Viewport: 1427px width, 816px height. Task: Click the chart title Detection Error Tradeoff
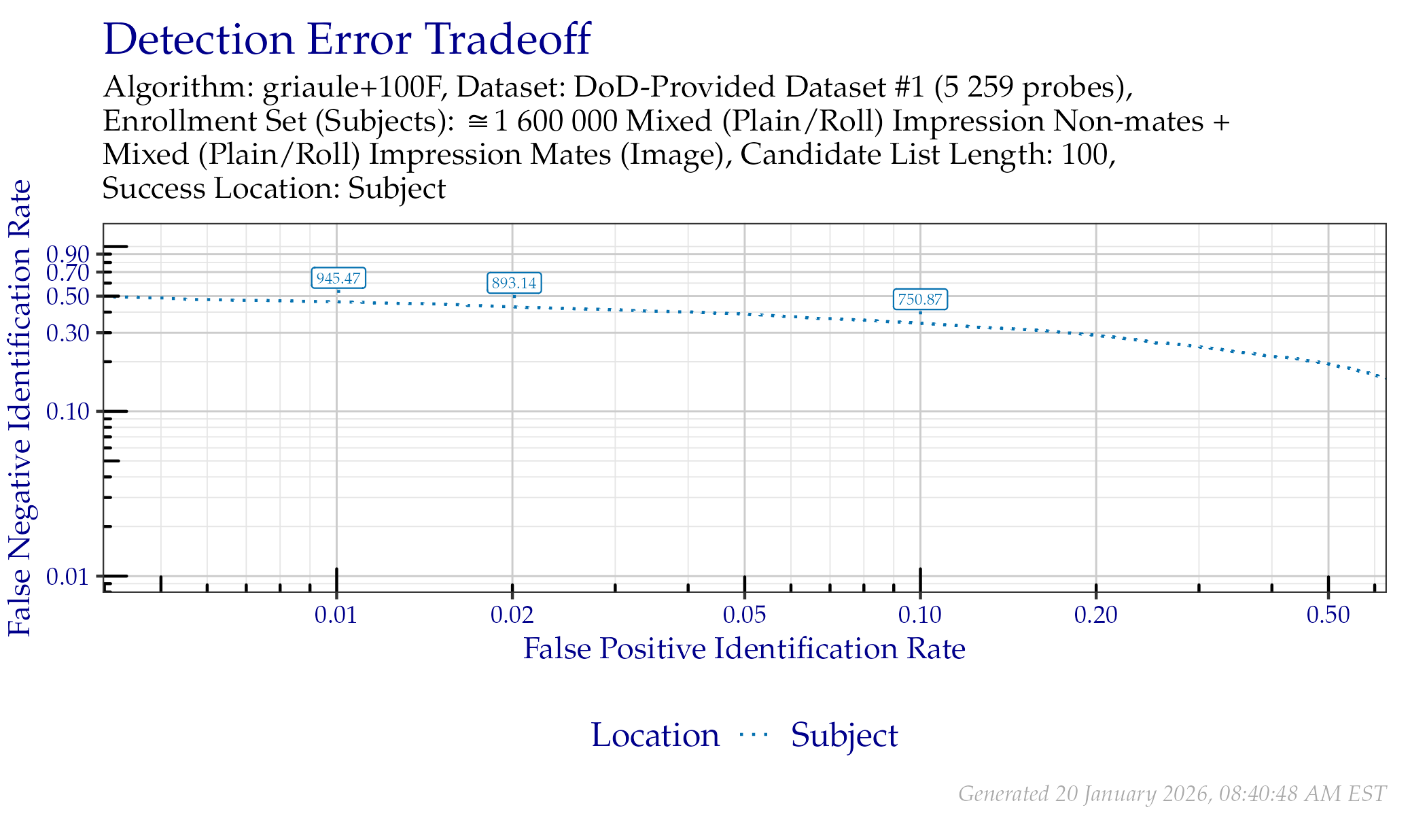point(347,39)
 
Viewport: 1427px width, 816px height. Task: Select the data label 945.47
point(338,278)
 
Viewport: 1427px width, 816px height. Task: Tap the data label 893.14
point(514,283)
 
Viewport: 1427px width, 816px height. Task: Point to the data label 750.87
point(920,299)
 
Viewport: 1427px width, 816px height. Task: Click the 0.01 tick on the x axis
point(336,615)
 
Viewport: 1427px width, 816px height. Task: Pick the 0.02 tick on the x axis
point(512,615)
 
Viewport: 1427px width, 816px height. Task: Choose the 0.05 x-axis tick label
point(745,615)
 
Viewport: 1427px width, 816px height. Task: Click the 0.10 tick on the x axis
point(920,615)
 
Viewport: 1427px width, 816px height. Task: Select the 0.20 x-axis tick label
point(1095,615)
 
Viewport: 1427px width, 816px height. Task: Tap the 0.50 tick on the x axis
point(1328,615)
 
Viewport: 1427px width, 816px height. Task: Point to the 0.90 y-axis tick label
point(69,254)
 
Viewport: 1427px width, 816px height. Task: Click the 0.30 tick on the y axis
point(69,333)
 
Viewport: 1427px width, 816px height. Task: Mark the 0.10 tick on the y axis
point(69,411)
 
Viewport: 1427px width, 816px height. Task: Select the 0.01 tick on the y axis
point(69,577)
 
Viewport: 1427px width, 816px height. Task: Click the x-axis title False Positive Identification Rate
point(744,649)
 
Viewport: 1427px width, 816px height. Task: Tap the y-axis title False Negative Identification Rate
point(20,408)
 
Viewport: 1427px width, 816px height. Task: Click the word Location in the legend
point(655,736)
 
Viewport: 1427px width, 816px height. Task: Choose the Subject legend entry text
point(844,736)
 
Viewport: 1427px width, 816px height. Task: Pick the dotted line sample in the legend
point(754,734)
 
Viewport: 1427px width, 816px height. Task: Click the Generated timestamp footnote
point(1171,794)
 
